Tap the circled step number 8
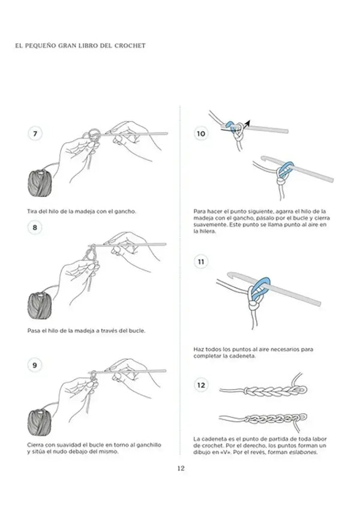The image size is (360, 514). click(x=34, y=227)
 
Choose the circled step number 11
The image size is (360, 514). click(x=201, y=262)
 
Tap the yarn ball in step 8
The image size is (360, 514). click(x=40, y=303)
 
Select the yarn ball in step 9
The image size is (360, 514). click(x=40, y=420)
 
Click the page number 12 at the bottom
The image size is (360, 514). click(x=180, y=469)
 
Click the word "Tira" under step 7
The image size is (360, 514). click(x=33, y=211)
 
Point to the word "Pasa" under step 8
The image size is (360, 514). click(x=34, y=330)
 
